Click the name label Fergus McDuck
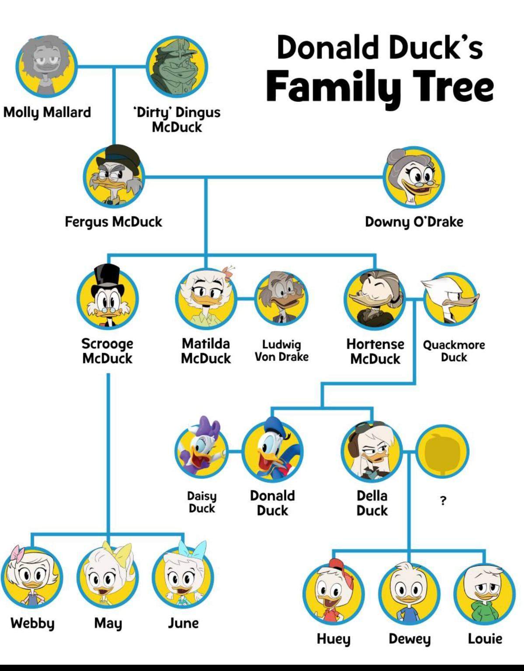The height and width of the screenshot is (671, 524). coord(113,221)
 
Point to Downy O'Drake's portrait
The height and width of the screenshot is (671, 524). coord(413,177)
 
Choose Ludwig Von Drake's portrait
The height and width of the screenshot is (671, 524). coord(281,298)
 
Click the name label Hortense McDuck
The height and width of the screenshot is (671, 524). coord(375,351)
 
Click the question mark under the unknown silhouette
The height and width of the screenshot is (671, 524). coord(443,501)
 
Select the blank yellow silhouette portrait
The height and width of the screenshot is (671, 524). coord(443,451)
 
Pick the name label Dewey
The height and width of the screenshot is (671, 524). coord(409,639)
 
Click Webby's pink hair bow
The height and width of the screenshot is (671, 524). coord(17,554)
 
